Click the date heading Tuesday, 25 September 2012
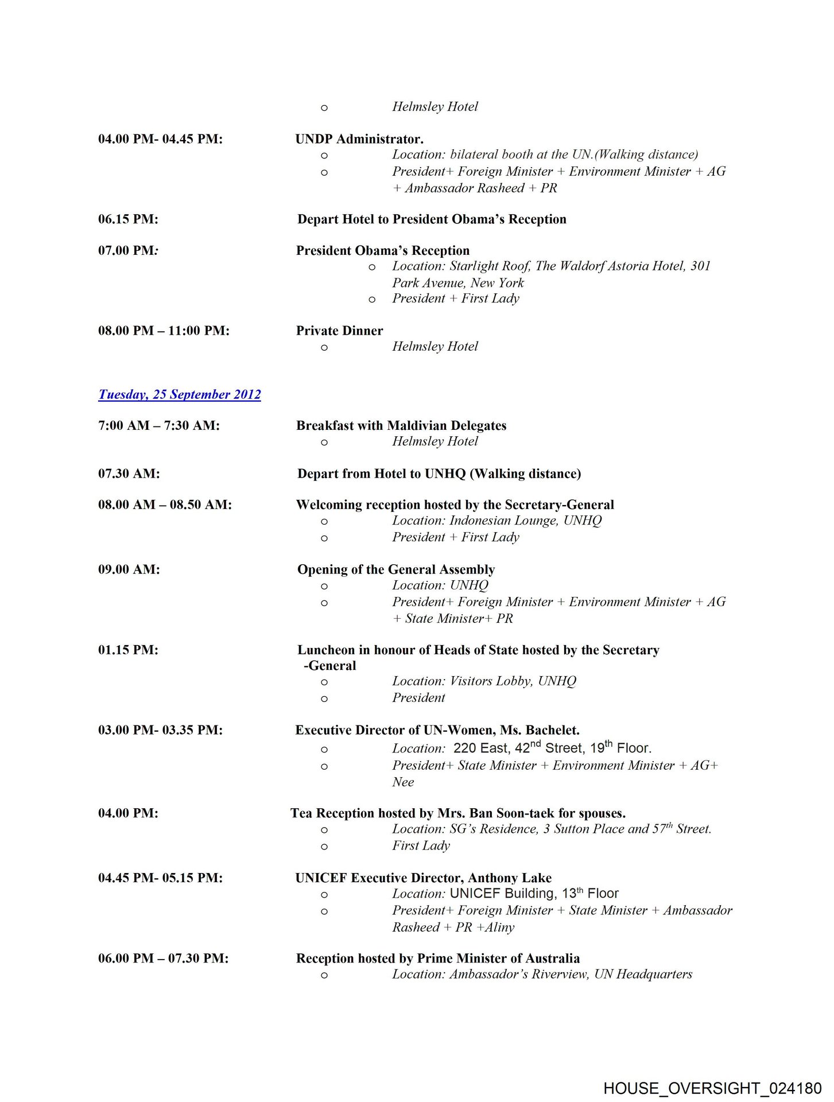click(x=179, y=394)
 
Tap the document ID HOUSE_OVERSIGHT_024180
click(x=712, y=1088)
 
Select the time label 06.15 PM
click(x=128, y=219)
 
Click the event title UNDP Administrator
click(x=359, y=139)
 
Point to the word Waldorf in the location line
click(x=584, y=266)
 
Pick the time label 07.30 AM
click(x=129, y=474)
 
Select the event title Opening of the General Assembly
click(x=396, y=569)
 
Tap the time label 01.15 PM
click(x=128, y=650)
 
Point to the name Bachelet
click(x=552, y=730)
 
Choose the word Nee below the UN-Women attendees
click(x=403, y=782)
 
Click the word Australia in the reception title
click(x=552, y=959)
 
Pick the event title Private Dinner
click(x=339, y=331)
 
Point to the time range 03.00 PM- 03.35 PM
click(x=160, y=730)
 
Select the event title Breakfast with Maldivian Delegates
click(x=401, y=425)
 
